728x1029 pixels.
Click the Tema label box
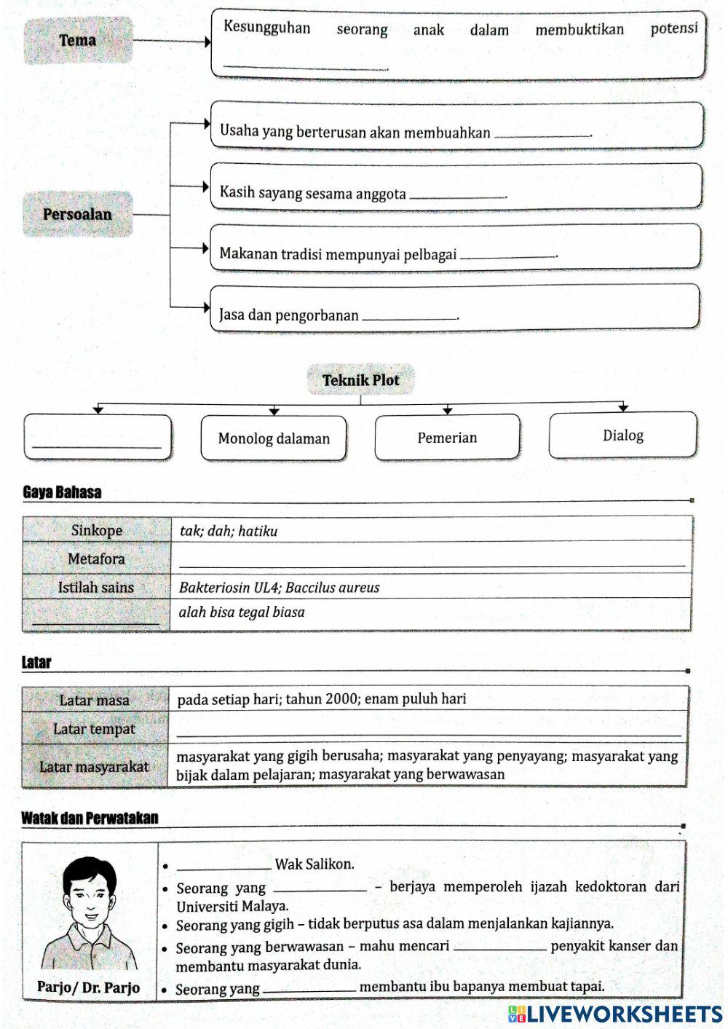pos(78,40)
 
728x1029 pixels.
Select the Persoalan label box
pos(77,214)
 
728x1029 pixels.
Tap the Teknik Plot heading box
pos(360,379)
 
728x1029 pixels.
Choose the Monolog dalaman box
pos(274,438)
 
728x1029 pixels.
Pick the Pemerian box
pos(447,438)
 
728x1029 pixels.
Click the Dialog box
pos(622,435)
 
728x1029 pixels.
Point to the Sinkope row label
pos(96,530)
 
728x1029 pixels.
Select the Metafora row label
pos(96,559)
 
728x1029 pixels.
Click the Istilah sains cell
pos(96,587)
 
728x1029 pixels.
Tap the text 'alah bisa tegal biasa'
pos(242,612)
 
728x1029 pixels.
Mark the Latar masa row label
pos(95,700)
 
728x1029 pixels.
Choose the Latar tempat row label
pos(95,729)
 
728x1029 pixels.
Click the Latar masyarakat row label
pos(95,766)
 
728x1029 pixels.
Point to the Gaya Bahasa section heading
pos(62,492)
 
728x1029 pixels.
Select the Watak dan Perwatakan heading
pos(90,818)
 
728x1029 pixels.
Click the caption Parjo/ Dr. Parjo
pos(89,987)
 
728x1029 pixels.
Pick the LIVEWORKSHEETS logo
pos(615,1014)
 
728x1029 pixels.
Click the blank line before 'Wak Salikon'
pos(224,865)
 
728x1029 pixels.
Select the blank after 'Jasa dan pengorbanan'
pos(409,315)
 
